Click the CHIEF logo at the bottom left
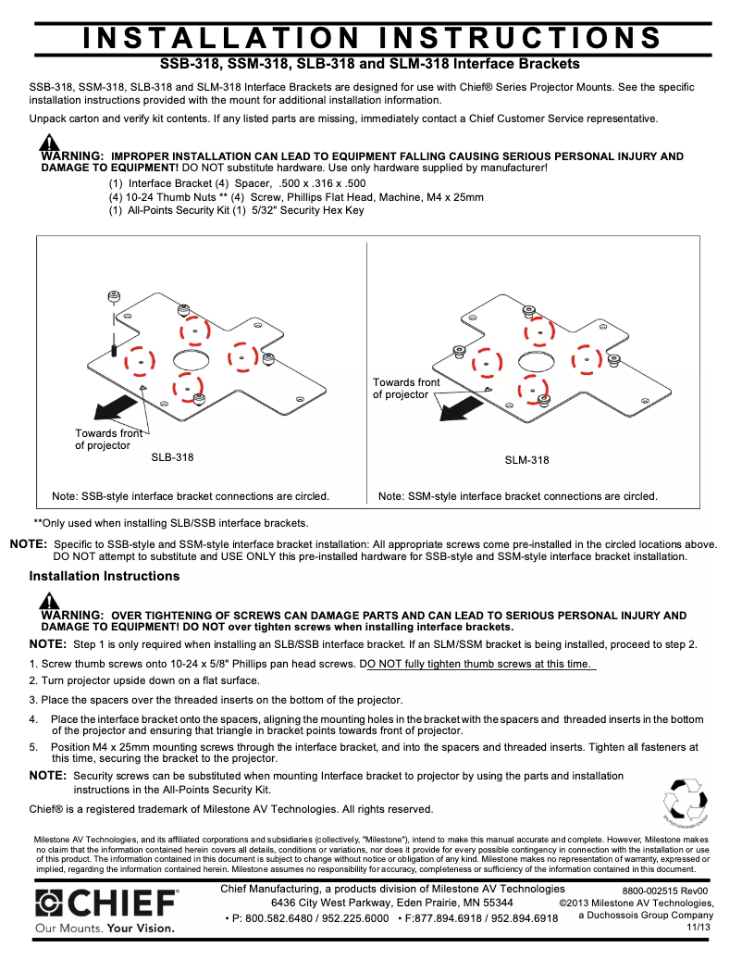(106, 904)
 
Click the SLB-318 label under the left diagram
(172, 457)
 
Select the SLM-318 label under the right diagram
(526, 460)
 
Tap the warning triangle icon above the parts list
(48, 143)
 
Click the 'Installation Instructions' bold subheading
(105, 576)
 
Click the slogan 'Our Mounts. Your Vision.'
(104, 928)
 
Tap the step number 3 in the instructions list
(32, 700)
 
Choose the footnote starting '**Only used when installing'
(170, 523)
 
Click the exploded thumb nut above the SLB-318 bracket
(113, 296)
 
